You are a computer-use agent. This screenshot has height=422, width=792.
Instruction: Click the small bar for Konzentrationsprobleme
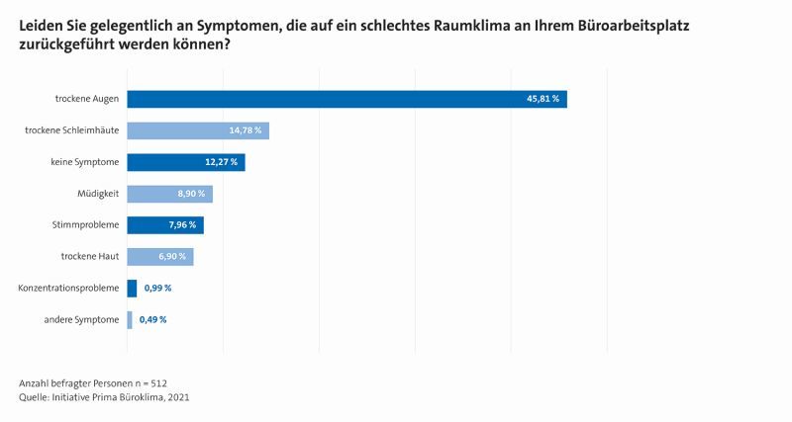pos(132,289)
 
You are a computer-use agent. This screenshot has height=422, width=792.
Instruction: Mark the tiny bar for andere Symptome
pos(130,319)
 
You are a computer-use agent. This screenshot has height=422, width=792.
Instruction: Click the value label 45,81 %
pos(543,99)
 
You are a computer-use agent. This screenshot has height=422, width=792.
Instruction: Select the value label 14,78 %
pos(245,130)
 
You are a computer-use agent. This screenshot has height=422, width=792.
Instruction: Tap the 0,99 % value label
pos(158,289)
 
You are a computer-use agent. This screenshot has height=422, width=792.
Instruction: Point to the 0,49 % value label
pos(152,319)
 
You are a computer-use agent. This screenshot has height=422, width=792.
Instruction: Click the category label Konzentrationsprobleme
pos(68,289)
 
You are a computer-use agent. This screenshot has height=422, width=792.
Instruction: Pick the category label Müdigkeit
pos(98,194)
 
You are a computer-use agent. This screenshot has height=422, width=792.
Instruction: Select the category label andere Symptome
pos(82,319)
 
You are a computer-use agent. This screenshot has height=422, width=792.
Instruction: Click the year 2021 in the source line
pos(178,397)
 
